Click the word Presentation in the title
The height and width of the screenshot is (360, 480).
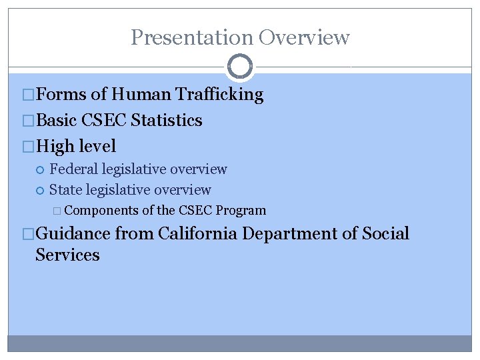[191, 37]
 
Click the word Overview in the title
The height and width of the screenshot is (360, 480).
[304, 37]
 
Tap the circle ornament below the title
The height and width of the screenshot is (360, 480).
[240, 67]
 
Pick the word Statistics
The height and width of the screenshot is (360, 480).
[167, 121]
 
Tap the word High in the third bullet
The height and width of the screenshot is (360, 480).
[55, 146]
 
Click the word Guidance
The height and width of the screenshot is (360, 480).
[73, 234]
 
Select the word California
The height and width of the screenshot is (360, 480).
[198, 234]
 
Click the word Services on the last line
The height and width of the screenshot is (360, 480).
[67, 255]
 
